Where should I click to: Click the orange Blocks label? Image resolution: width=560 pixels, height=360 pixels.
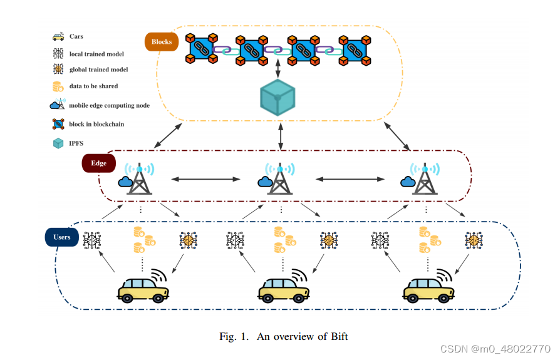tap(162, 42)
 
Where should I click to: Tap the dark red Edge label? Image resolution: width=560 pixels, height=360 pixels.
tap(99, 163)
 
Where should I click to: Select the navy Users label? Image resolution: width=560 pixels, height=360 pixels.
tap(61, 237)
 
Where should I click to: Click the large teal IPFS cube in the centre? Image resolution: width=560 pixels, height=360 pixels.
tap(277, 98)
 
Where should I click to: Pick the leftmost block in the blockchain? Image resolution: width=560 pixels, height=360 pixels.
tap(201, 49)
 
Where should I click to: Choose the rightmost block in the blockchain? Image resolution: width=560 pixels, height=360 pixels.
tap(355, 49)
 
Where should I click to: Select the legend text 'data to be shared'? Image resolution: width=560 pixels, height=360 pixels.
tap(93, 86)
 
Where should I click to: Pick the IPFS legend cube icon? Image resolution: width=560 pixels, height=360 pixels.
tap(58, 143)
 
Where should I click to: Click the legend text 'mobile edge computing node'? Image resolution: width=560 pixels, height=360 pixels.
tap(109, 105)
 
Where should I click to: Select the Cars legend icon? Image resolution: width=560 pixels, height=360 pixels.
tap(58, 36)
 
